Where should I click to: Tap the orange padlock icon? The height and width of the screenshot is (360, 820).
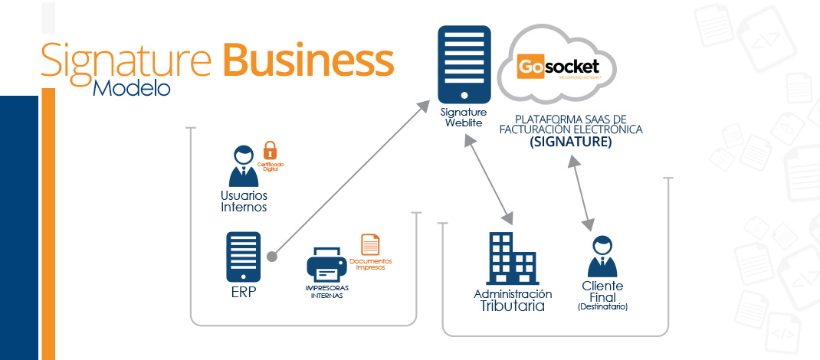point(269,149)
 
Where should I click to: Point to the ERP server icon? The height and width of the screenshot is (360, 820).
point(243,257)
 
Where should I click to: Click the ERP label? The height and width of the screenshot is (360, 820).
point(243,293)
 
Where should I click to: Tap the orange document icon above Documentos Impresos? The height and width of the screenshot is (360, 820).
point(370,243)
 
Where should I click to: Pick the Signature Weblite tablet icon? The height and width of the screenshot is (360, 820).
point(464,66)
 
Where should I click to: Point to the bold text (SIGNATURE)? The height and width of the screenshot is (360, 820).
point(570,142)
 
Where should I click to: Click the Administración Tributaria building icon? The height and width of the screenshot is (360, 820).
point(511,258)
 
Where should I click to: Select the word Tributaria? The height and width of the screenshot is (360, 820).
point(512,306)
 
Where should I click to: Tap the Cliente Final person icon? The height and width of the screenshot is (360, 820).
point(602,257)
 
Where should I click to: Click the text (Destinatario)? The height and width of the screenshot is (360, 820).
point(602,306)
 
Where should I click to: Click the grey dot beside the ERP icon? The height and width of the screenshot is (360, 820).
point(271,256)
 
